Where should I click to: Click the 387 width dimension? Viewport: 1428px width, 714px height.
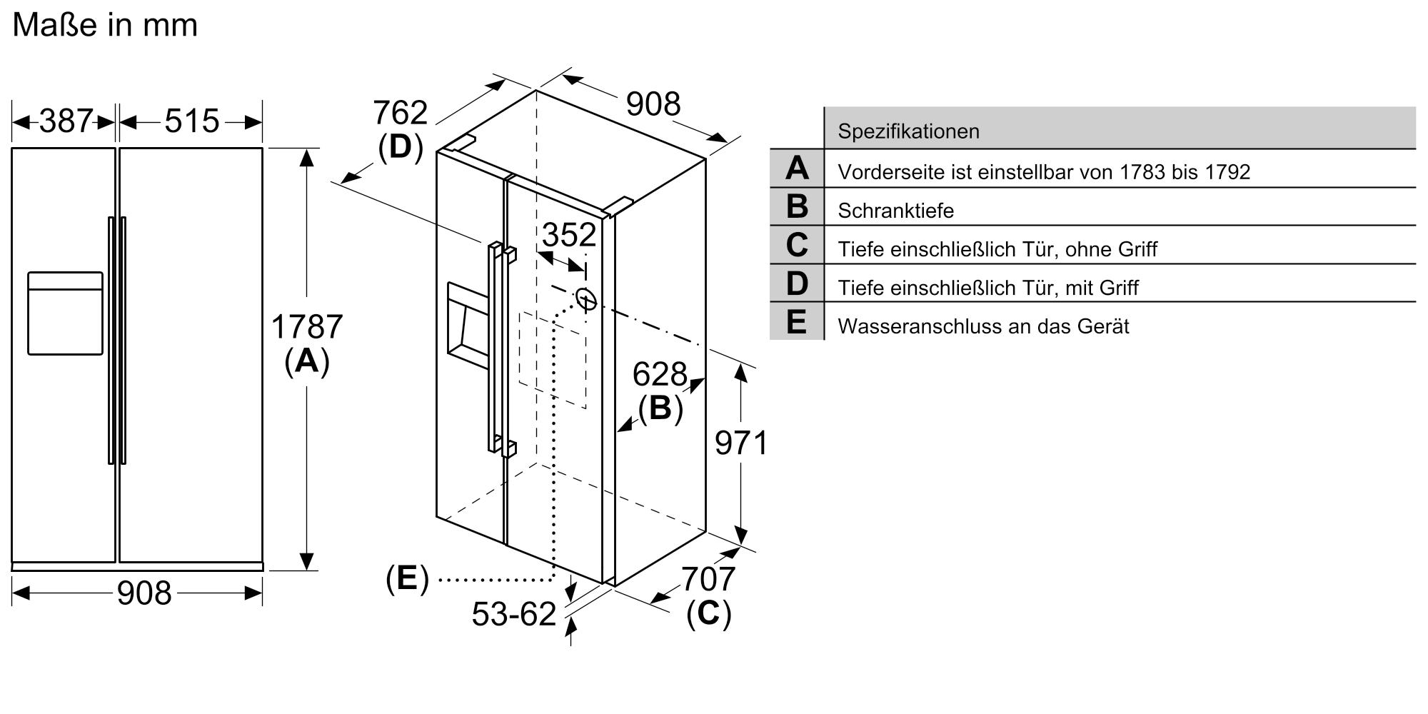click(66, 121)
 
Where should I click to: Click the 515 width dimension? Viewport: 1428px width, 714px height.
click(191, 121)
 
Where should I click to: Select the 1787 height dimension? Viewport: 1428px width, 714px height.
click(307, 327)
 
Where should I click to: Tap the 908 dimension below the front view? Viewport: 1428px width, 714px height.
click(144, 593)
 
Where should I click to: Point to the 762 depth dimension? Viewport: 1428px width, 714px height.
click(400, 113)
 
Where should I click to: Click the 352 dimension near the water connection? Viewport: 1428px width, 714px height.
click(569, 235)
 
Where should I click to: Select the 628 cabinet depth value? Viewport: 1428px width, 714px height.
click(659, 374)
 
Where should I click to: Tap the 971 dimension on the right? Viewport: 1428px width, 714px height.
click(741, 443)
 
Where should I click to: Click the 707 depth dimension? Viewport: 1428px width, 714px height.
click(708, 579)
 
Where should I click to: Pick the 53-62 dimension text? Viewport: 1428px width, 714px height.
click(513, 614)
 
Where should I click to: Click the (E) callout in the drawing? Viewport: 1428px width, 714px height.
click(407, 578)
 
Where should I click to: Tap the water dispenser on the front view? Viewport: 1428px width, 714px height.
click(65, 313)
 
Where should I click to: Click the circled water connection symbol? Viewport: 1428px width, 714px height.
click(585, 299)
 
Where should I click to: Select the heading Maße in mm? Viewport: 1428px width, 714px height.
click(105, 25)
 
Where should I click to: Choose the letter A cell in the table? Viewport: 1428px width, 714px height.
click(797, 169)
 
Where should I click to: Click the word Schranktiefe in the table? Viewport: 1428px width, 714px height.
click(895, 211)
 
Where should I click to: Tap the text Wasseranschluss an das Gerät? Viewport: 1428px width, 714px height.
click(983, 326)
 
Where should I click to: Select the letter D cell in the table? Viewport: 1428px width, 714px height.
click(797, 283)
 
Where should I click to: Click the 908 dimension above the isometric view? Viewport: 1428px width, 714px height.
click(653, 104)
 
